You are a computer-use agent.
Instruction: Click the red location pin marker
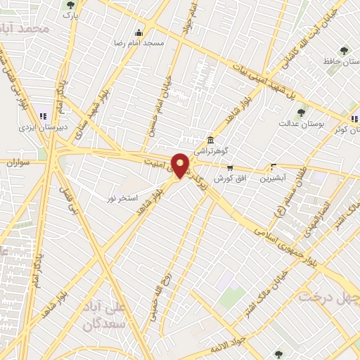click(x=181, y=165)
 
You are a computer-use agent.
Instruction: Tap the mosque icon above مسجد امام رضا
click(x=139, y=32)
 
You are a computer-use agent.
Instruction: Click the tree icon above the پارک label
click(x=69, y=4)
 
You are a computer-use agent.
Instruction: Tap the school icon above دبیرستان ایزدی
click(x=42, y=116)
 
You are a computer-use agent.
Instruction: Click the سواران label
click(x=20, y=163)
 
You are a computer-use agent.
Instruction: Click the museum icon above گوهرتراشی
click(x=210, y=140)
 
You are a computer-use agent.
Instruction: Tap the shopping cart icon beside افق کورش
click(x=230, y=167)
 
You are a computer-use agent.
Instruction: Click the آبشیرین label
click(x=274, y=179)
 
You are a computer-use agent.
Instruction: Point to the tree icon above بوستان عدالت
click(x=302, y=112)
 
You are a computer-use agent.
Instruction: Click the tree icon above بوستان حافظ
click(x=344, y=50)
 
